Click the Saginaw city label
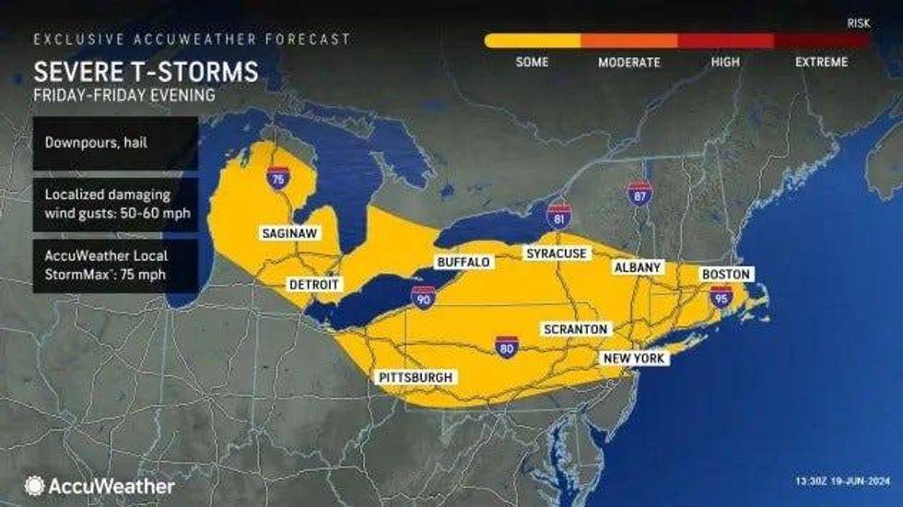point(289,233)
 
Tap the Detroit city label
point(315,285)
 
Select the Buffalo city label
point(463,263)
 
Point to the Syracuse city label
point(556,253)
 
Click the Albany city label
point(638,267)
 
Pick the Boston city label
point(728,274)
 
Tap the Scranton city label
point(575,329)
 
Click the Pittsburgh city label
point(416,378)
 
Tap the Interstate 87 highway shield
point(639,194)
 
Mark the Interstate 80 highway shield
point(506,347)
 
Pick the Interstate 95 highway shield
point(721,296)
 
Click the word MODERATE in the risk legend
point(629,63)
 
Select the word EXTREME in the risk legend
point(820,63)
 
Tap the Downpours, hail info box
point(115,143)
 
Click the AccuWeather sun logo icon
point(35,485)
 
